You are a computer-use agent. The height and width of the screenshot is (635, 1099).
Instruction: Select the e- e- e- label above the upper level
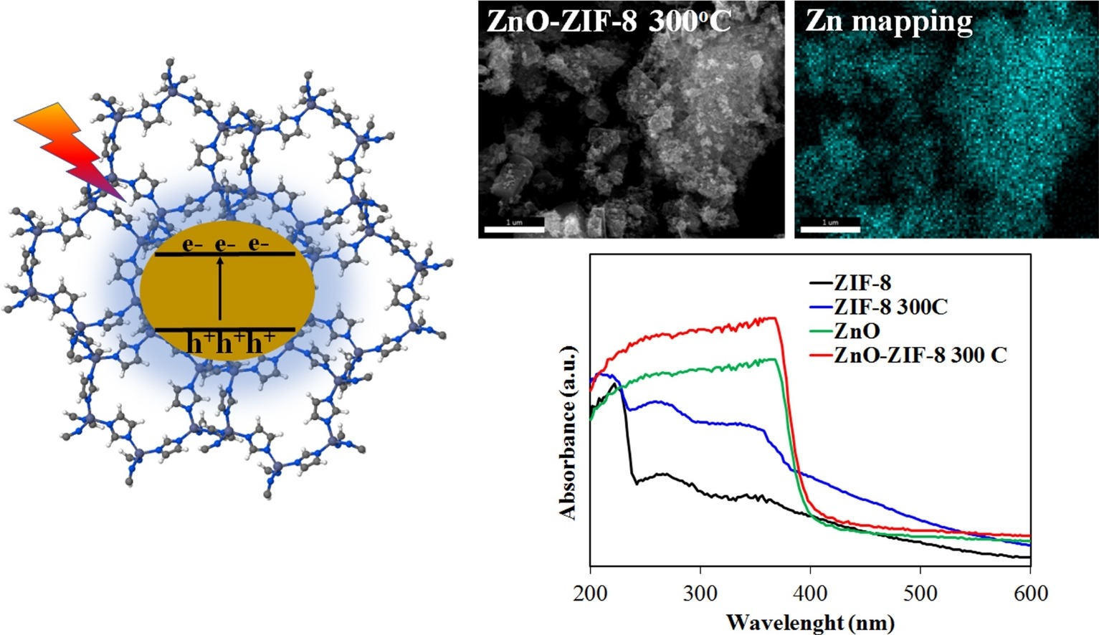(x=225, y=244)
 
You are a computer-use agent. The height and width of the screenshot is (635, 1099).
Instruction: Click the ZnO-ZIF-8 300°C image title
(x=608, y=21)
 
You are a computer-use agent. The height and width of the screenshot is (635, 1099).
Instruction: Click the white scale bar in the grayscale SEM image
(x=514, y=229)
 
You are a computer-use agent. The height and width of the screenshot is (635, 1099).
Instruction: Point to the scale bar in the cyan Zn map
(x=830, y=229)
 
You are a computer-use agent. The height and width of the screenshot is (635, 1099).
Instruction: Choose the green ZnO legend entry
(x=846, y=330)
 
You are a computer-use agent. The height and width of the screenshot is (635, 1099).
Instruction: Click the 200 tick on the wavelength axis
(x=591, y=593)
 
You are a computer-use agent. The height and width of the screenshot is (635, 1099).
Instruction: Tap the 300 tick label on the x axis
(x=700, y=593)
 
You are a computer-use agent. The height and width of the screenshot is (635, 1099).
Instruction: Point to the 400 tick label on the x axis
(x=811, y=593)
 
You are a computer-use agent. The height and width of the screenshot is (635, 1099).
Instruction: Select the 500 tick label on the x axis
(x=920, y=593)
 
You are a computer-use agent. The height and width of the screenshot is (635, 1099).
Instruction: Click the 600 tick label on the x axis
(x=1030, y=593)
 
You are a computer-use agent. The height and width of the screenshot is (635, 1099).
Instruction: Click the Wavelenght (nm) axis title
(x=810, y=621)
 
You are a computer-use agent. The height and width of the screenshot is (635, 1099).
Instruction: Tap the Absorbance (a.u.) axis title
(x=568, y=432)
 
